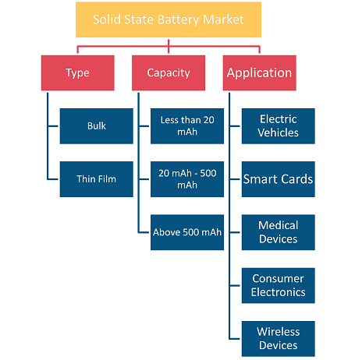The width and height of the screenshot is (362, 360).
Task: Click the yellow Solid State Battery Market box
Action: (x=169, y=19)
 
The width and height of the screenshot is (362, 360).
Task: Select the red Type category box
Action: (x=78, y=73)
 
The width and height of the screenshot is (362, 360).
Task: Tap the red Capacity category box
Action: (x=169, y=73)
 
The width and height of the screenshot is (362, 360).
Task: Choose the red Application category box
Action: (x=260, y=73)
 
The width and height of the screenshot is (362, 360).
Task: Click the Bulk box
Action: (x=97, y=126)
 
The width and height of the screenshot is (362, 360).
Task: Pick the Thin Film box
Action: (x=97, y=179)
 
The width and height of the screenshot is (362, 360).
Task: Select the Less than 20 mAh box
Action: (x=187, y=126)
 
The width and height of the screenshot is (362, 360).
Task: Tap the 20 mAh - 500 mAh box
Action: (x=187, y=179)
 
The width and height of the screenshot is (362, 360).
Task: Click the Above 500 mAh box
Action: (x=187, y=232)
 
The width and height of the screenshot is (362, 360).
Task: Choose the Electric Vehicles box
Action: (x=279, y=126)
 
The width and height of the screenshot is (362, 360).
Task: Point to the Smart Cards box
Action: (x=279, y=179)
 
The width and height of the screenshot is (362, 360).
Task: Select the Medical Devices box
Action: (x=279, y=232)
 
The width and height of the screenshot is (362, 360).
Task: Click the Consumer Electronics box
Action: (x=279, y=286)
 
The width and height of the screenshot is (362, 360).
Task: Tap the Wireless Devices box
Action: (x=279, y=339)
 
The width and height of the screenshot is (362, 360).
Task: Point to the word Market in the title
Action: (x=223, y=19)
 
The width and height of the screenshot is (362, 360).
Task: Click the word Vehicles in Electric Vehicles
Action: (x=279, y=132)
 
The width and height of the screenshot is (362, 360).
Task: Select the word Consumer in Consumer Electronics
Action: (x=279, y=279)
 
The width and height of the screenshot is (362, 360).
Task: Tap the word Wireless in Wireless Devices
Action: (x=279, y=332)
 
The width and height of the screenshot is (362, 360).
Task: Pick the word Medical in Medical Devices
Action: (x=279, y=225)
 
